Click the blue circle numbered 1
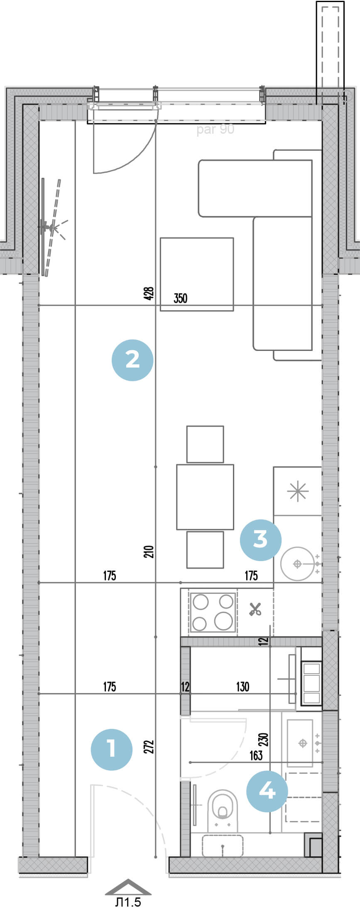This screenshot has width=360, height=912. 112,750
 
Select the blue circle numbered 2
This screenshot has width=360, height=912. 132,360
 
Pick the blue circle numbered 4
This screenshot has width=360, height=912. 267,791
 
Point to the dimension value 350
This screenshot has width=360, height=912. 181,298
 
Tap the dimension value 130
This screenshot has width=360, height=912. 242,686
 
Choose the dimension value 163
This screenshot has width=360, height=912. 256,755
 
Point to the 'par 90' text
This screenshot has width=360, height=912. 216,130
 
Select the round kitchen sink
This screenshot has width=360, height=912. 297,564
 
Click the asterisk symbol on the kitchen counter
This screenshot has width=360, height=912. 298,492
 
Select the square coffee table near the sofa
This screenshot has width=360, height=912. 197,274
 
